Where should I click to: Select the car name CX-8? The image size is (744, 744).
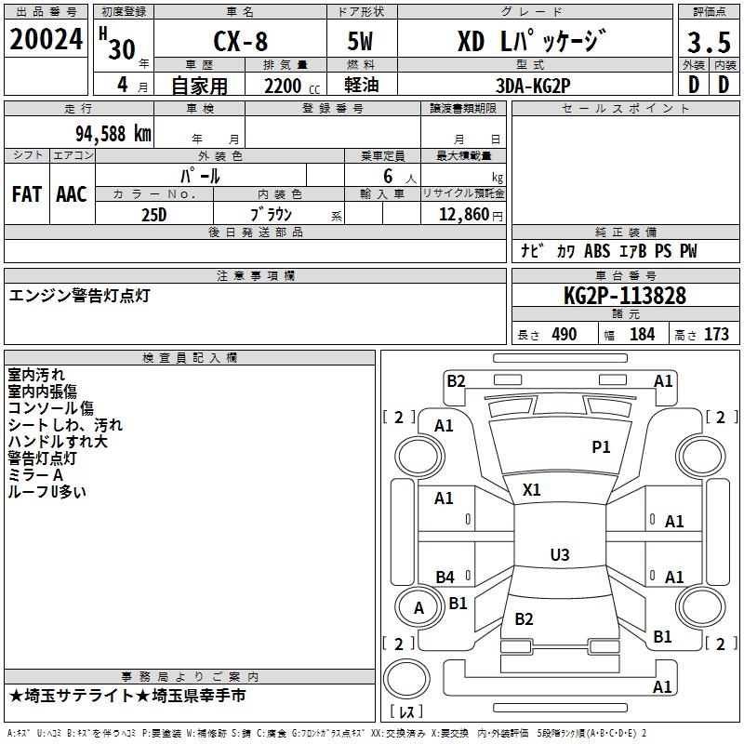click(236, 42)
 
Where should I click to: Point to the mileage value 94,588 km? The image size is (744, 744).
click(113, 133)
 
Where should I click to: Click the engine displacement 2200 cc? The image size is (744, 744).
click(283, 86)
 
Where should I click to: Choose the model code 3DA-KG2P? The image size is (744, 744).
click(534, 86)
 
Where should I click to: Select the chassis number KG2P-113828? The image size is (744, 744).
click(625, 297)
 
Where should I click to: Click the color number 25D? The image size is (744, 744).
click(153, 213)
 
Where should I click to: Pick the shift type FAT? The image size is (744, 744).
click(27, 193)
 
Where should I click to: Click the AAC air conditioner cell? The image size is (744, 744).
click(72, 193)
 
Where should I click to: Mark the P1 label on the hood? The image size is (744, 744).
click(602, 447)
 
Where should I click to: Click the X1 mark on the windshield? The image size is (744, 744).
click(532, 489)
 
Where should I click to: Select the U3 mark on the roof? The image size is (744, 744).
click(559, 555)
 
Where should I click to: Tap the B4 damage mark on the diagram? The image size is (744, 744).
click(445, 577)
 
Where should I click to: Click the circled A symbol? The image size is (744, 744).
click(418, 608)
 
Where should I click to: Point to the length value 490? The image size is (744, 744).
click(565, 335)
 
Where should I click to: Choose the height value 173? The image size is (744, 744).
click(716, 335)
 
